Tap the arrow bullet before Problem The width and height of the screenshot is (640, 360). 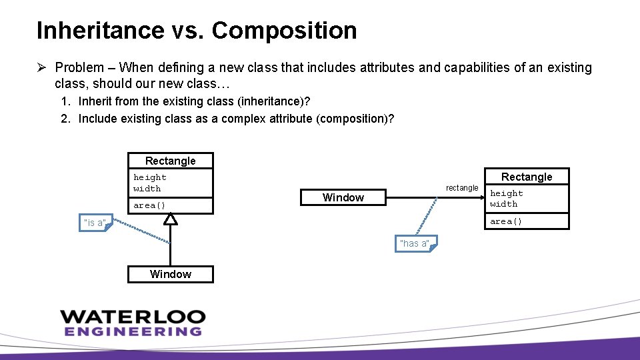[x=42, y=67]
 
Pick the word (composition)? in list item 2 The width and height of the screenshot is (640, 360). [x=359, y=119]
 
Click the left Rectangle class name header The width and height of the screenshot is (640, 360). [x=171, y=161]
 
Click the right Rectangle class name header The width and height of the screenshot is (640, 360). [x=527, y=177]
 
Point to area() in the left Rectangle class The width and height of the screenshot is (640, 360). [x=149, y=205]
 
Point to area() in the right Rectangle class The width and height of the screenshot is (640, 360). [x=506, y=221]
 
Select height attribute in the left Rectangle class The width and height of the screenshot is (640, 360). [x=150, y=177]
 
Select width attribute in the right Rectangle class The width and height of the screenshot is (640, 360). [x=503, y=204]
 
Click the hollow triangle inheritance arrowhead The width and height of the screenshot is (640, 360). [x=171, y=219]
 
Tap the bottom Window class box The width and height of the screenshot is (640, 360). [x=171, y=274]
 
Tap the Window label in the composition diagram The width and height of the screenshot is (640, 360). [x=343, y=197]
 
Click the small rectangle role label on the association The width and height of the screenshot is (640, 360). [x=462, y=188]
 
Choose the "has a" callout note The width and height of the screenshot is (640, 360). [x=415, y=244]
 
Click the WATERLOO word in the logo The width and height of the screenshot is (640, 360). [x=133, y=316]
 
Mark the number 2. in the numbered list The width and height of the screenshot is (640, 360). [x=65, y=119]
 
